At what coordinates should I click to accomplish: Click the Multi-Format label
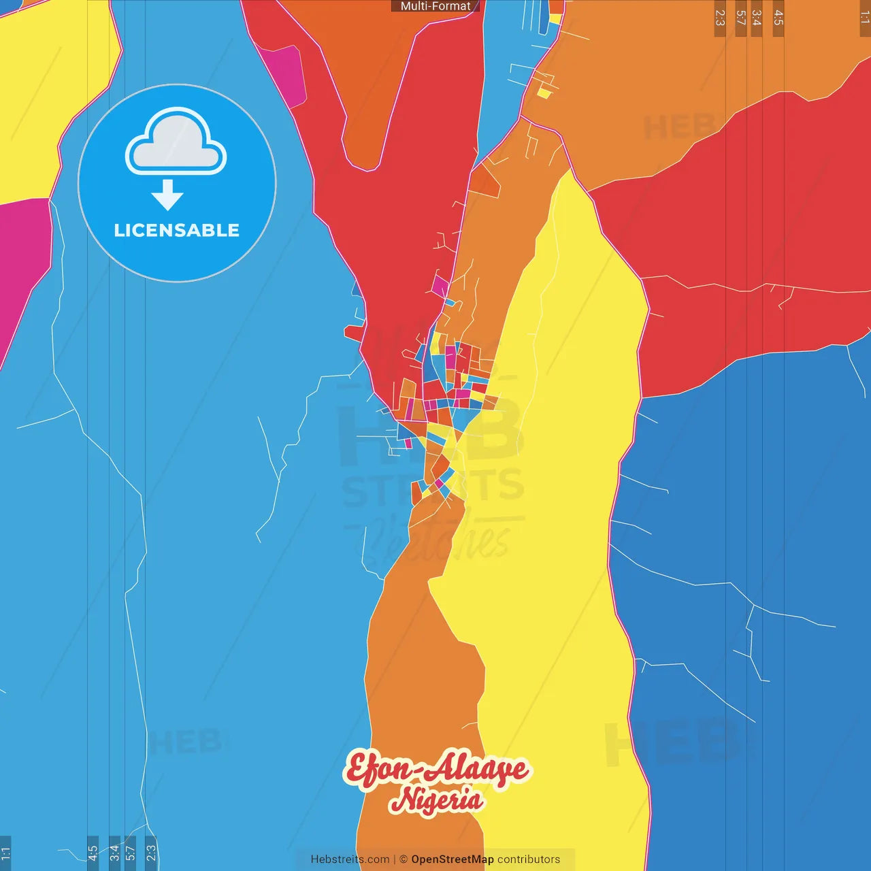point(435,6)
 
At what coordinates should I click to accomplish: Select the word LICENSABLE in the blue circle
point(176,231)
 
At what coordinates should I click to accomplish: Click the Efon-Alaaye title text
point(435,770)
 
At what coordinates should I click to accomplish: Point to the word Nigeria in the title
point(436,800)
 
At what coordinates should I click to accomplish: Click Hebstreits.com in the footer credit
point(350,859)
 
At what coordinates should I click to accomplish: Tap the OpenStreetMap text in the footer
point(452,859)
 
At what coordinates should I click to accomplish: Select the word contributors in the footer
point(529,859)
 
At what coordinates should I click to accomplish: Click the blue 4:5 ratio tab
point(93,853)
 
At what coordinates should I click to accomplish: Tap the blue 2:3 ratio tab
point(151,853)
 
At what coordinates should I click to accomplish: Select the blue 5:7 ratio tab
point(130,853)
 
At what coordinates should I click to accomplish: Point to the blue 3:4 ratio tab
point(114,853)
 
